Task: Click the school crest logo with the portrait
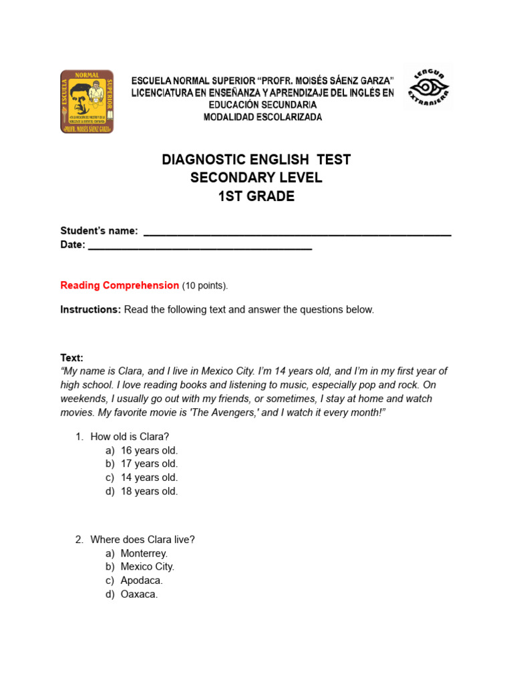click(x=87, y=102)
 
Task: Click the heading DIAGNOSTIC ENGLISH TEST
click(x=256, y=160)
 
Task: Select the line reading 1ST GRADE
click(x=256, y=196)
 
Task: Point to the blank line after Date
click(x=200, y=247)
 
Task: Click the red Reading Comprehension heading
click(x=120, y=285)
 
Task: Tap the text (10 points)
click(x=205, y=286)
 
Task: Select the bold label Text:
click(x=72, y=358)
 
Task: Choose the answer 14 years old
click(x=149, y=478)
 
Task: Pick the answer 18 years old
click(x=149, y=491)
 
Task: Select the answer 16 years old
click(x=149, y=450)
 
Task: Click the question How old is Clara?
click(x=130, y=437)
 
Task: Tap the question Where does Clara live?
click(x=142, y=540)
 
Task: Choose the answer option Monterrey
click(x=144, y=553)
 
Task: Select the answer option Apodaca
click(x=142, y=580)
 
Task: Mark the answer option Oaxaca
click(x=139, y=594)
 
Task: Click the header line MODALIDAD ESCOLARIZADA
click(x=263, y=118)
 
